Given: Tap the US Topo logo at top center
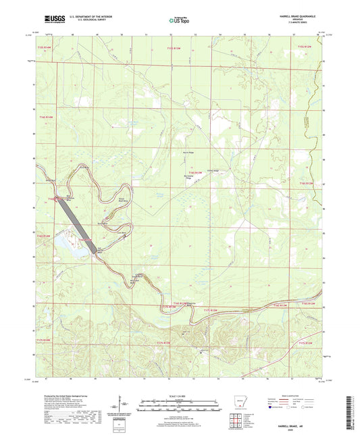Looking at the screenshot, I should pos(179,22).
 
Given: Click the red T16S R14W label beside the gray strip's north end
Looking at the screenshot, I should pos(54,199).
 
